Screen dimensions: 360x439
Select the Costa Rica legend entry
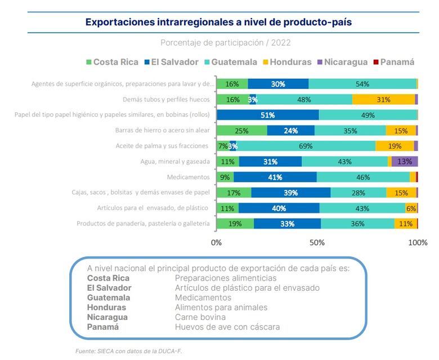click(x=113, y=62)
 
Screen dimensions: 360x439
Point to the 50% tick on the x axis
click(x=317, y=243)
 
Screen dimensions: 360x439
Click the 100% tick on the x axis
click(x=417, y=243)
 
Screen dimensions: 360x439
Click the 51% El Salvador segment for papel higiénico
click(x=267, y=115)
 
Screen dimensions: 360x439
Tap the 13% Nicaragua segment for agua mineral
click(x=404, y=162)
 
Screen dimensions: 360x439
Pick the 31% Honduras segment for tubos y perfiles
click(x=384, y=100)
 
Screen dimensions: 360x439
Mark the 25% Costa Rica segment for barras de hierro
click(x=241, y=131)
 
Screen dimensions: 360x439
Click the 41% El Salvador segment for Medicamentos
click(x=275, y=177)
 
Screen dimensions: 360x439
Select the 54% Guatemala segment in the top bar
click(x=362, y=84)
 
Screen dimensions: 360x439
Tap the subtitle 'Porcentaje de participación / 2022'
click(x=225, y=43)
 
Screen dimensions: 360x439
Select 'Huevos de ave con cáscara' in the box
click(x=227, y=327)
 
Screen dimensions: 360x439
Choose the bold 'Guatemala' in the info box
click(x=109, y=297)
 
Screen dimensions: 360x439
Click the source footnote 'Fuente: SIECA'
click(x=129, y=350)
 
